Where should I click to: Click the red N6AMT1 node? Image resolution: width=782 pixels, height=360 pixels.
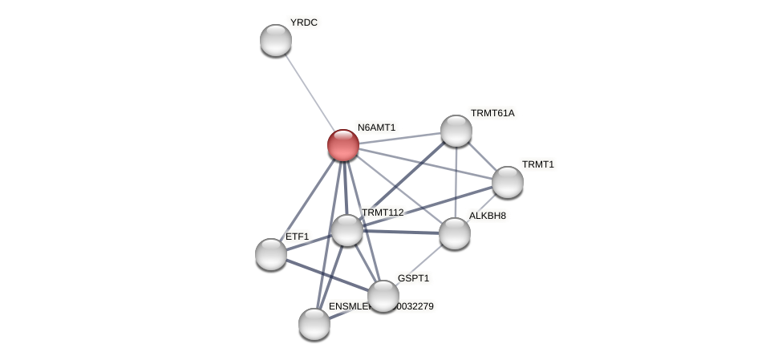(x=343, y=145)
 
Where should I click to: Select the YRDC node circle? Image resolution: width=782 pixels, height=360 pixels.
(x=276, y=40)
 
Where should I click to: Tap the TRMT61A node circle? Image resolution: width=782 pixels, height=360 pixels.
(x=456, y=131)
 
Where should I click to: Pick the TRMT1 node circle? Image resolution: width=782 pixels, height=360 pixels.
(x=508, y=182)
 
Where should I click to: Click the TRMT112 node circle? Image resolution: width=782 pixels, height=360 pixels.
(x=347, y=230)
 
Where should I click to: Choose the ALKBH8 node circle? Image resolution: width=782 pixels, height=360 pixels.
(x=455, y=233)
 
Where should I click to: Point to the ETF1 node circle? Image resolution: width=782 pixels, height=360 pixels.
(x=271, y=254)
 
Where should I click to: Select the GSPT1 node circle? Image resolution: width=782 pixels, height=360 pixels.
(x=383, y=296)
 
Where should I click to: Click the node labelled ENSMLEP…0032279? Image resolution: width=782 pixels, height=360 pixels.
(x=314, y=324)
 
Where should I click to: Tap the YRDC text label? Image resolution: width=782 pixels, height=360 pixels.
(x=303, y=22)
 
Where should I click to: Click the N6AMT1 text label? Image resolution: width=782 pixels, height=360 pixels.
(x=376, y=127)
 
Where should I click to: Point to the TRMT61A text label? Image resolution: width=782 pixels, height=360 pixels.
(x=492, y=113)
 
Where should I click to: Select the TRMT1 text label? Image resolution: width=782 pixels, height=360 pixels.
(x=537, y=164)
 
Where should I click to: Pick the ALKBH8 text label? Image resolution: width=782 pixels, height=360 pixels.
(x=488, y=216)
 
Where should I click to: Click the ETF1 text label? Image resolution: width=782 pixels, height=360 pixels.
(x=297, y=237)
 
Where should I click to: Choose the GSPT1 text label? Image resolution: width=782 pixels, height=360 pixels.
(x=414, y=278)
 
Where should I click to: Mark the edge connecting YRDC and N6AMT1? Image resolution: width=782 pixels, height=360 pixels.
(x=309, y=91)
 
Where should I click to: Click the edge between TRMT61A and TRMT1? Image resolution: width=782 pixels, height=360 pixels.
(x=482, y=156)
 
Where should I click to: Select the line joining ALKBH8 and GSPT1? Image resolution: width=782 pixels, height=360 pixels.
(x=419, y=264)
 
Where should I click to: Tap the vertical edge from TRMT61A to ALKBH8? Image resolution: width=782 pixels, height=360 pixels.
(x=456, y=182)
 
